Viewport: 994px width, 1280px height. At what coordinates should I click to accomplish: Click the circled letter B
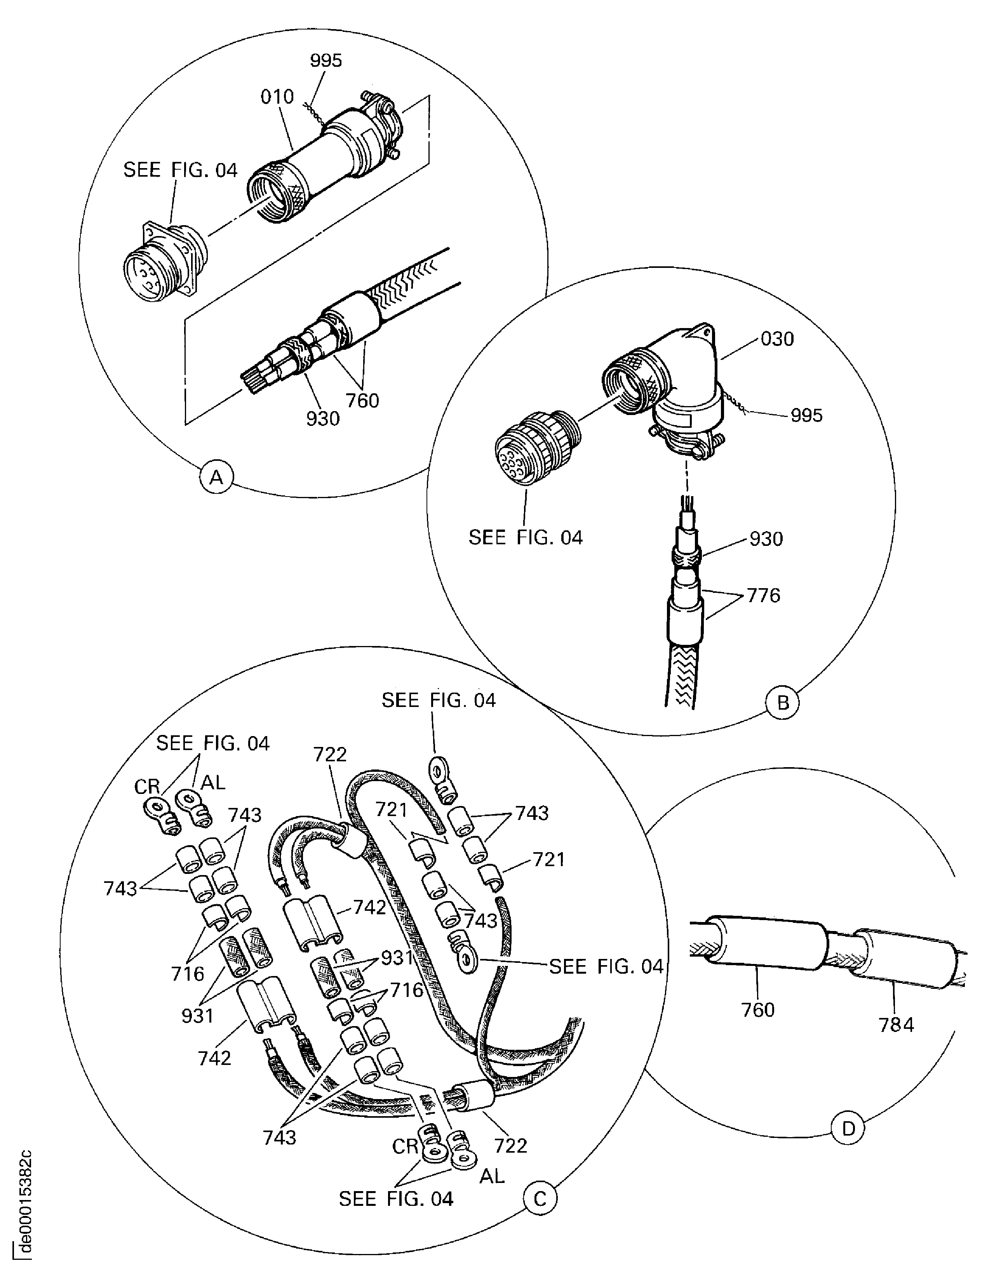tap(783, 703)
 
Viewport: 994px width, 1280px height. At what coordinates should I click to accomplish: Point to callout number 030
tap(777, 339)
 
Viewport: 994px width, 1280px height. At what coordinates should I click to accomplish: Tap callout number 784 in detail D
tap(896, 1025)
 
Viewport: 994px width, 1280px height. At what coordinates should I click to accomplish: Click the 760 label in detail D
tap(758, 1009)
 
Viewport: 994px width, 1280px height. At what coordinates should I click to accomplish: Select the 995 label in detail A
tap(326, 60)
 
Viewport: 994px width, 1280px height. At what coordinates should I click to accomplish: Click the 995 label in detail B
tap(806, 415)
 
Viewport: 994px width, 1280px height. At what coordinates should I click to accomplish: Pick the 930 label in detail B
tap(766, 538)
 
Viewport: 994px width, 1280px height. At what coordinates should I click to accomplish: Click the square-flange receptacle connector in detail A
tap(161, 261)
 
